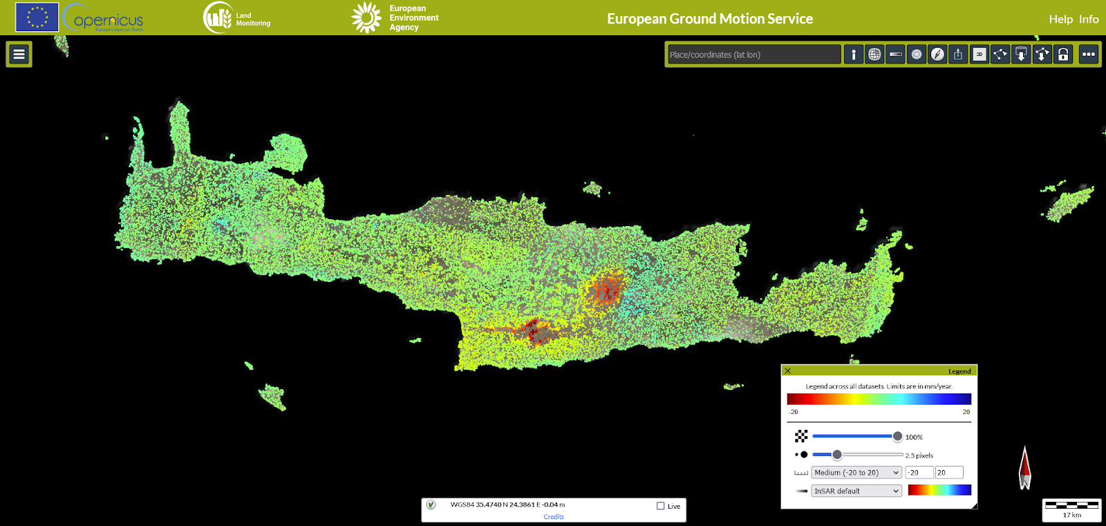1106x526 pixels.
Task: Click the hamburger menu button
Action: tap(19, 54)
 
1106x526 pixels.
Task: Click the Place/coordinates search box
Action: tap(753, 55)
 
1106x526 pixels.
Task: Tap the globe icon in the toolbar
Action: tap(874, 55)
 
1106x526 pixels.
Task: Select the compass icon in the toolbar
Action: tap(937, 55)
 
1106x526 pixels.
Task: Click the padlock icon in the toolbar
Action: tap(1063, 55)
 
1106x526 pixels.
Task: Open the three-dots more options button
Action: tap(1089, 55)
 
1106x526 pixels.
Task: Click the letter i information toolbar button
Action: tap(854, 55)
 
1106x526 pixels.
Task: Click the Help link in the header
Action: tap(1060, 19)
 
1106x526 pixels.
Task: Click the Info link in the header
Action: tap(1089, 19)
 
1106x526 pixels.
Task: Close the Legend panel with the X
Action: tap(787, 371)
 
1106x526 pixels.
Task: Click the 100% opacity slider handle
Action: tap(897, 436)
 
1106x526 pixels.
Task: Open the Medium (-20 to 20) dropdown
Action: tap(856, 473)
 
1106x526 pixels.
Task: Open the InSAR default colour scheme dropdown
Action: tap(856, 491)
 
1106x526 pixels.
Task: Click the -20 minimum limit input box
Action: tap(919, 473)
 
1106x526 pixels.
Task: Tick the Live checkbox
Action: tap(660, 506)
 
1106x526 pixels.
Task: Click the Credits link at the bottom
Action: tap(554, 516)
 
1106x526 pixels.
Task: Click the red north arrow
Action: tap(1024, 468)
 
